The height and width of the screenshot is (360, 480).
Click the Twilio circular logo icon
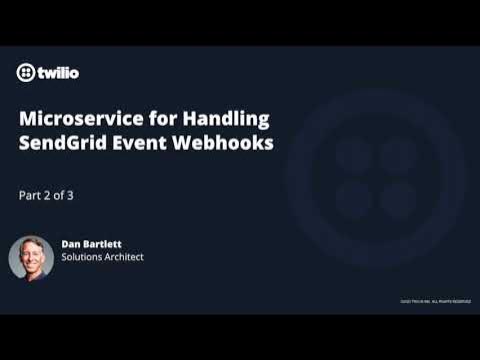[27, 72]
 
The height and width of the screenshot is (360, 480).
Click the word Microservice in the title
[75, 119]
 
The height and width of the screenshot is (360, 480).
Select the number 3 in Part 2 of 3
[70, 195]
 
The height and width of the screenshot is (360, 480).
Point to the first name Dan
[73, 242]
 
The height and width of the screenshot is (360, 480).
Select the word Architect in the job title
[126, 257]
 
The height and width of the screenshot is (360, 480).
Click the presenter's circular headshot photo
[31, 257]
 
